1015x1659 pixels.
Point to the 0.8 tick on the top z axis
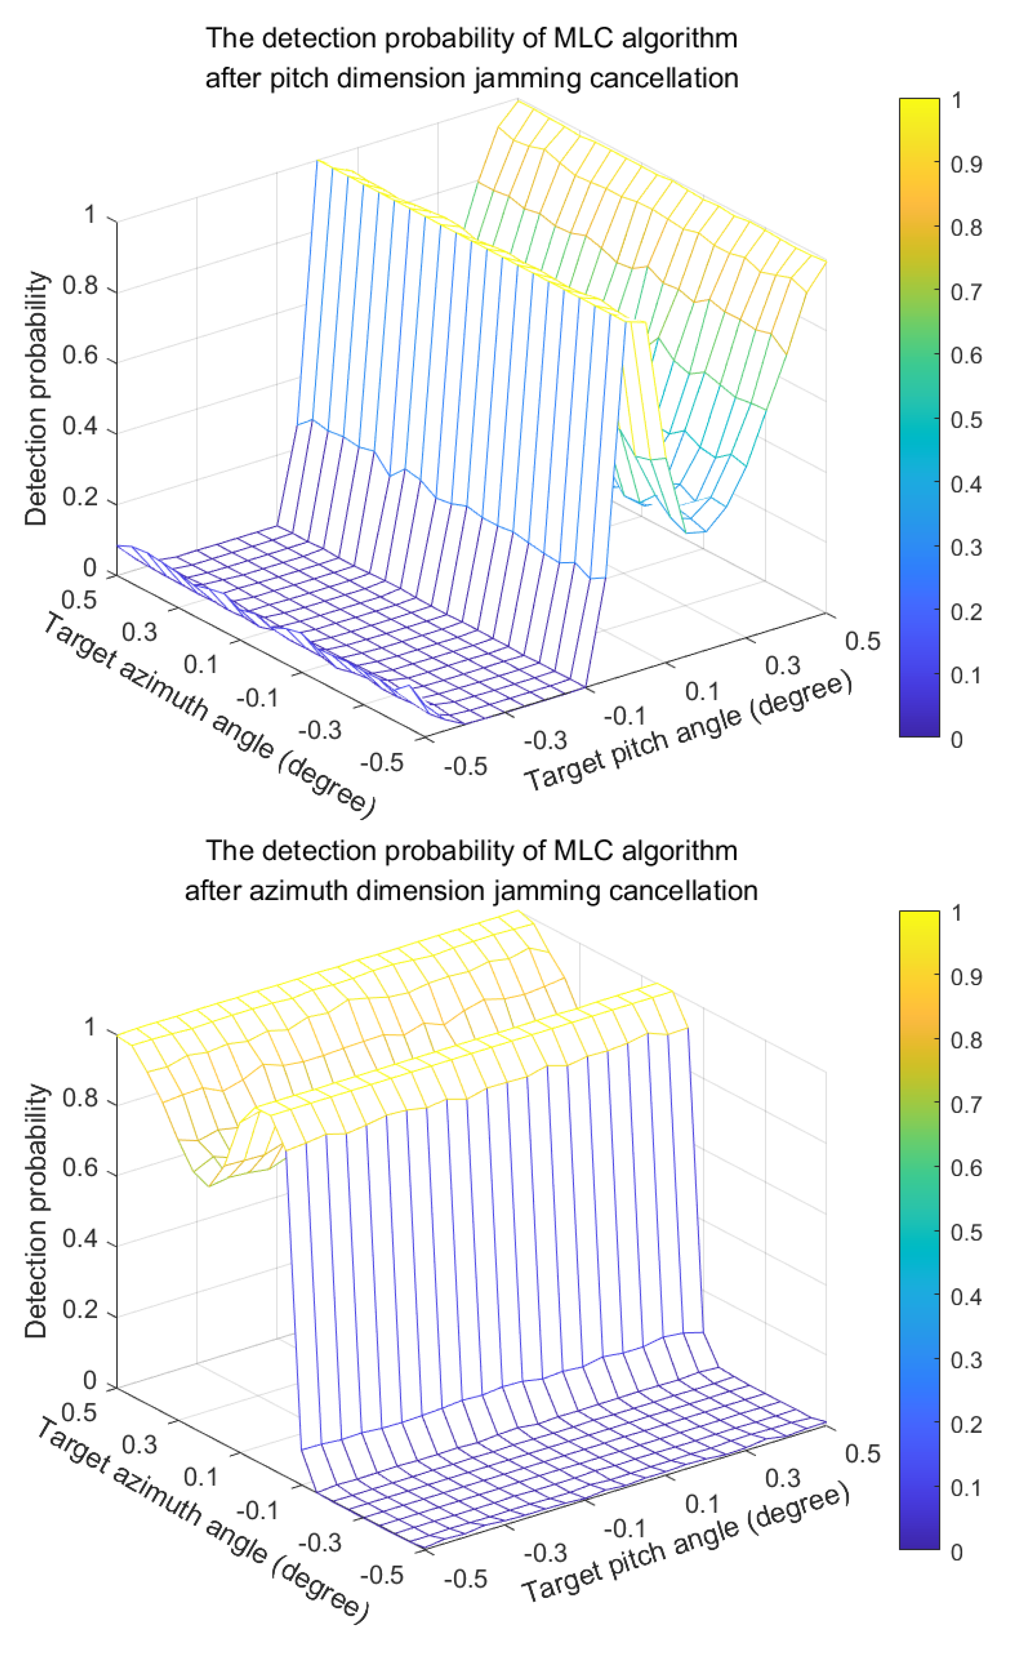coord(80,286)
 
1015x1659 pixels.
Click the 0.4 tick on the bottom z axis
coord(80,1239)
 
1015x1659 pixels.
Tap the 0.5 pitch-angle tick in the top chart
coord(862,641)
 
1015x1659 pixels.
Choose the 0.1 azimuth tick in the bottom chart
coord(200,1477)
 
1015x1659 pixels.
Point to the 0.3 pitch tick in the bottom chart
coord(782,1478)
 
